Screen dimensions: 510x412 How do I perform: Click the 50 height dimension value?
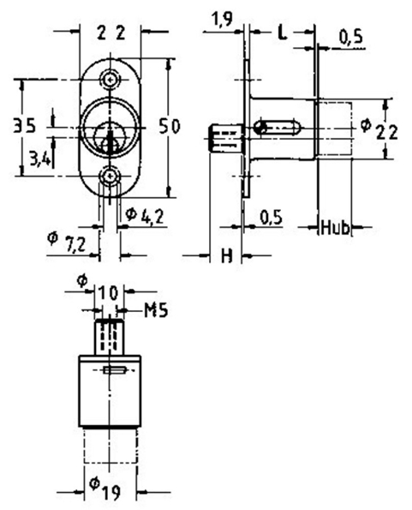169,127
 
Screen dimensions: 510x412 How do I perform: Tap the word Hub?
334,229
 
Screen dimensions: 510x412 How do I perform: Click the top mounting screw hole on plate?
109,80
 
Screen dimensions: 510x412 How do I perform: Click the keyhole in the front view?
109,137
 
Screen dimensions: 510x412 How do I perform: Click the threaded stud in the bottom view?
106,334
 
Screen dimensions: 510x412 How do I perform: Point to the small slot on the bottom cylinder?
115,370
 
